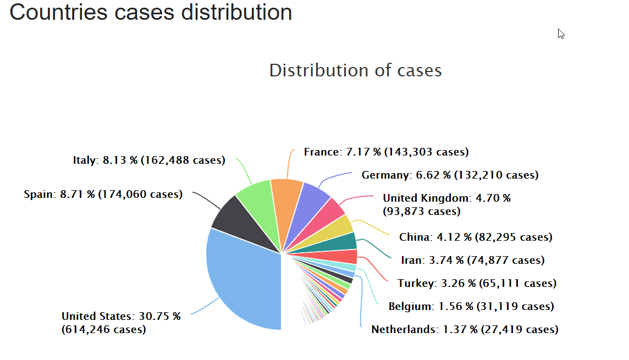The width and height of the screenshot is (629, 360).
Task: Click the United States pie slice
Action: (242, 280)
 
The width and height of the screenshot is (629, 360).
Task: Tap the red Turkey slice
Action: (346, 256)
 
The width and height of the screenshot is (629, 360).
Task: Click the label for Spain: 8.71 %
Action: (103, 195)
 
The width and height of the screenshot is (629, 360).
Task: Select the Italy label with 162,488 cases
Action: (149, 160)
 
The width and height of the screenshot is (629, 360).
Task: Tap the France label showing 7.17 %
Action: (386, 152)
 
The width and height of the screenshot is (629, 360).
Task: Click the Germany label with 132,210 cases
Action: (450, 175)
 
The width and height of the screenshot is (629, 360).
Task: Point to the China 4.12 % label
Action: (476, 237)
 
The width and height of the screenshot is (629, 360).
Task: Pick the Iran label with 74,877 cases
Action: (472, 261)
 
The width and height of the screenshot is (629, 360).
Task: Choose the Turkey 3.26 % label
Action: (477, 284)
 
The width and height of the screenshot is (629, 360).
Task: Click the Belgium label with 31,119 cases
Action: (471, 307)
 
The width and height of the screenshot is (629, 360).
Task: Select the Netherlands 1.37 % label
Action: (465, 330)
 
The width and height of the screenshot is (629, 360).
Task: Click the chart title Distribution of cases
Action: (355, 70)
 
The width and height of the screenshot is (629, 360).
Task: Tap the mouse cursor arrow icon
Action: (561, 34)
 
